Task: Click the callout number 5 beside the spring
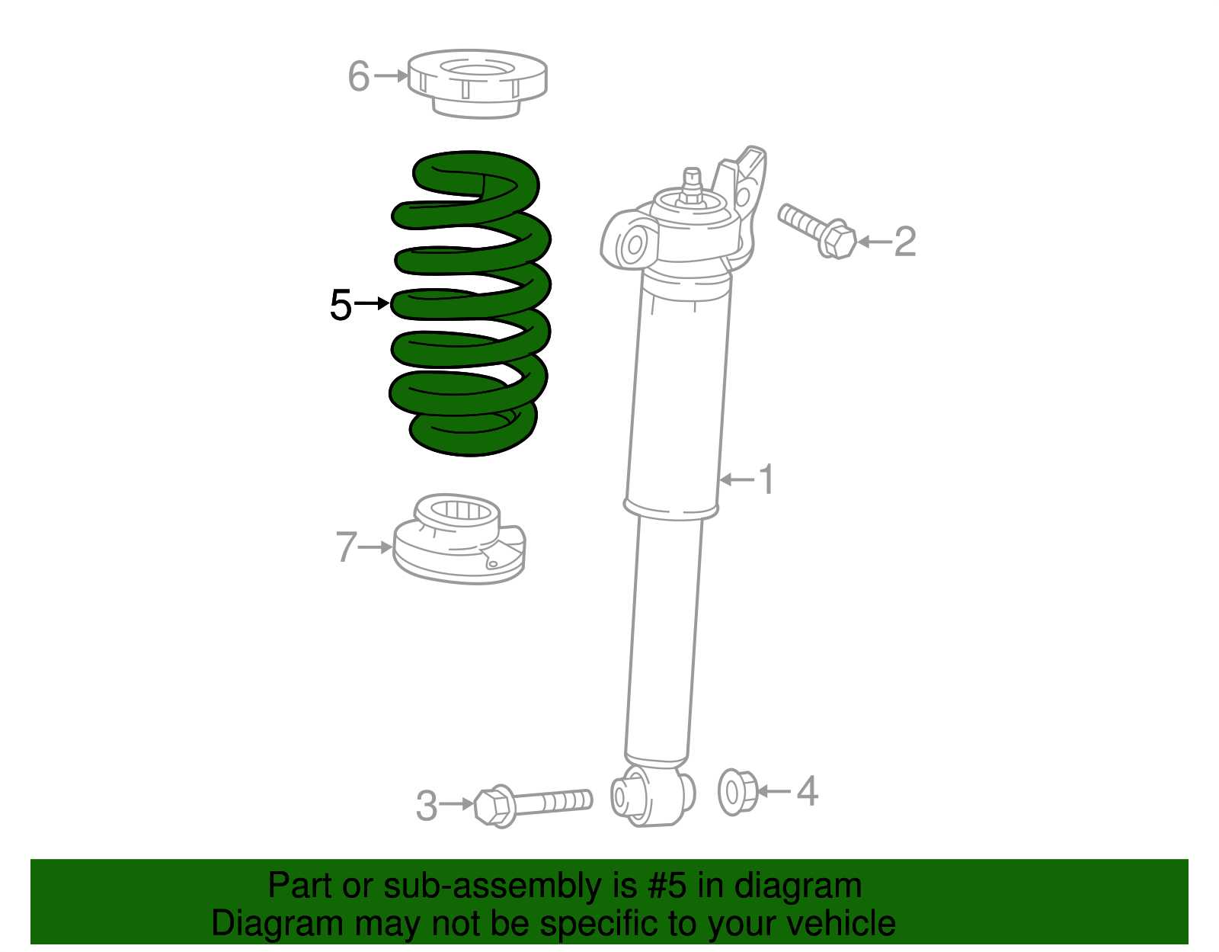point(341,306)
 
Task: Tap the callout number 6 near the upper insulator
point(359,76)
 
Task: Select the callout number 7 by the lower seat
point(346,547)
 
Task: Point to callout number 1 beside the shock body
point(766,479)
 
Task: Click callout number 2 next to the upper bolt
point(904,242)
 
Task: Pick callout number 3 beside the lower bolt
point(427,806)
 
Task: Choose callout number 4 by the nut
point(808,791)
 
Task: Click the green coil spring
point(471,305)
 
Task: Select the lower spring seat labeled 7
point(459,543)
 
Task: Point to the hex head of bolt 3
point(492,806)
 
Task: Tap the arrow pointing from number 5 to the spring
point(372,304)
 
